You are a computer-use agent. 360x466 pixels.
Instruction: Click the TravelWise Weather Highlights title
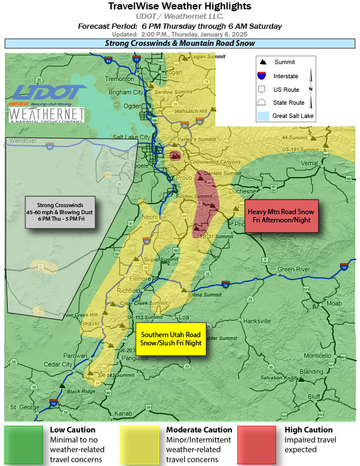coord(180,6)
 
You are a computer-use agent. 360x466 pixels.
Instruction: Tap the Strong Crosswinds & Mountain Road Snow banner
coord(180,44)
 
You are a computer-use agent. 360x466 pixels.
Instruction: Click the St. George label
coord(23,407)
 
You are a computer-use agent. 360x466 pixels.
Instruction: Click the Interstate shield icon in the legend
coord(262,76)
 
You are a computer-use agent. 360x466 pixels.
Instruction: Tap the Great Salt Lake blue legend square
coord(262,116)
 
